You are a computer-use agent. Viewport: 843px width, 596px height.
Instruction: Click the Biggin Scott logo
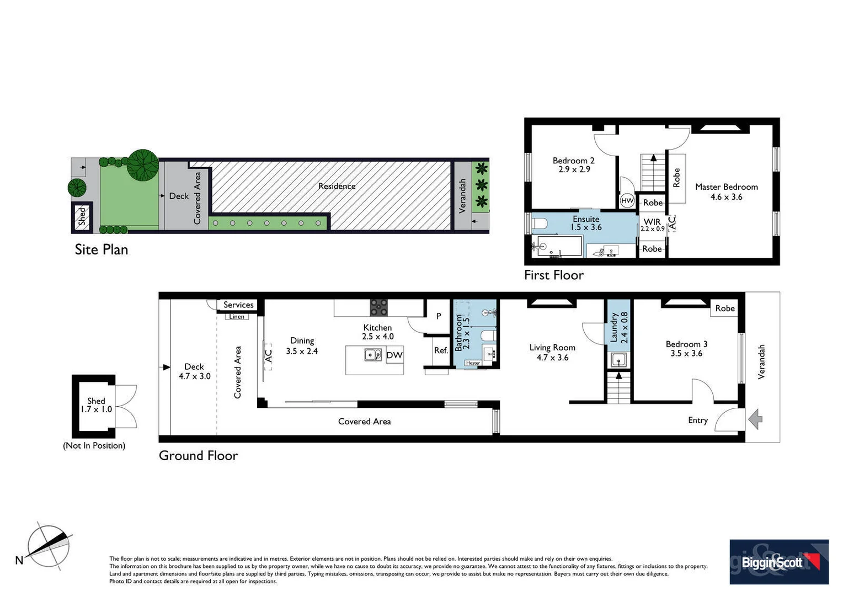click(x=778, y=562)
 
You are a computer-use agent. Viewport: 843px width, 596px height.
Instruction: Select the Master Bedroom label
click(x=726, y=187)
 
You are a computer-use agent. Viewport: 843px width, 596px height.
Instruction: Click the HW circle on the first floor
click(x=627, y=201)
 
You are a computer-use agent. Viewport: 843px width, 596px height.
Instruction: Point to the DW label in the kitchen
click(x=394, y=355)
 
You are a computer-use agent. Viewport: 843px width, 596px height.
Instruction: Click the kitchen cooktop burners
click(x=378, y=307)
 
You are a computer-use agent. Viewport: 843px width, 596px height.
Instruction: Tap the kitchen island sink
click(x=374, y=355)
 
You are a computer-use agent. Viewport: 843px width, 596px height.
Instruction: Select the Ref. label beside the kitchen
click(x=441, y=350)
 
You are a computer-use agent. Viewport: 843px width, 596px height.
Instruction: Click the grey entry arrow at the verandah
click(x=755, y=419)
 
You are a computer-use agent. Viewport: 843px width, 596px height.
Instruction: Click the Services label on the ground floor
click(x=238, y=305)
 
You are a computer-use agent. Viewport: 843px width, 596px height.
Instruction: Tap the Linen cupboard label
click(x=237, y=317)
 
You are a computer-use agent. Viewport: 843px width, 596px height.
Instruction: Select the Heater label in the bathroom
click(x=473, y=363)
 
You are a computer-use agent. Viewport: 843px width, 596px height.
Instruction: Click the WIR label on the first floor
click(x=652, y=222)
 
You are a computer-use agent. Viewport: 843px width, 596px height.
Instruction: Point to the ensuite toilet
click(x=540, y=223)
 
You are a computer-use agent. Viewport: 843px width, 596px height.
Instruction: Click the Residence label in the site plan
click(x=337, y=187)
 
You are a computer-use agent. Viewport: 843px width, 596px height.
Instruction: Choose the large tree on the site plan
click(x=143, y=165)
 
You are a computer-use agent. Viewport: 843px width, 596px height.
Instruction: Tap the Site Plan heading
click(x=102, y=249)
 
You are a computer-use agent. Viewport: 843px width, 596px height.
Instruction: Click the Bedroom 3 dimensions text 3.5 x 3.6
click(x=686, y=354)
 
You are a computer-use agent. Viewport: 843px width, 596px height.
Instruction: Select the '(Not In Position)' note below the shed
click(x=94, y=445)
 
